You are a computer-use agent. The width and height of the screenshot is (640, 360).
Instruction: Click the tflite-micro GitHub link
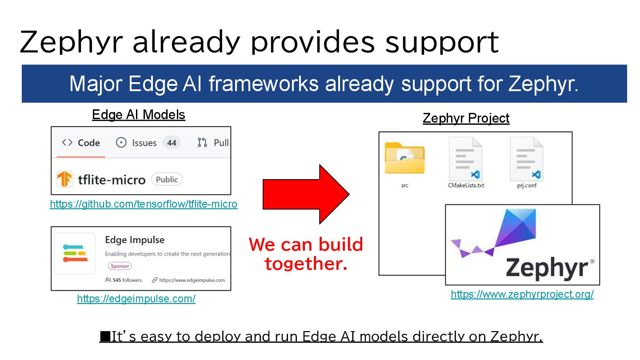click(x=144, y=204)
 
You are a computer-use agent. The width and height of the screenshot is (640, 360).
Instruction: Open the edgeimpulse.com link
click(x=136, y=299)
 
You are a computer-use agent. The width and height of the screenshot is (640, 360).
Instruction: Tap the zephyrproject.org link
click(x=522, y=294)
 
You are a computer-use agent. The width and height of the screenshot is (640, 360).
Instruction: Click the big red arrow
click(x=306, y=194)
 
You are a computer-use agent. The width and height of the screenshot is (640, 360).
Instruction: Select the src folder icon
click(x=404, y=158)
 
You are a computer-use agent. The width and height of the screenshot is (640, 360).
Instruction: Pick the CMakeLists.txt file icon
click(x=466, y=159)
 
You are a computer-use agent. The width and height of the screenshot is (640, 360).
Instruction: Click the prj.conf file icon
click(x=527, y=159)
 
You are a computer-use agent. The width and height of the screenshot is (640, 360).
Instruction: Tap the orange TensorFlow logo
click(x=64, y=179)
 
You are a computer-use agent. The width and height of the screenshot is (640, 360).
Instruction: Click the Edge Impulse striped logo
click(x=75, y=253)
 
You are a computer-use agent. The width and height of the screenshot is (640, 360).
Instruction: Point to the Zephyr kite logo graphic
click(x=494, y=233)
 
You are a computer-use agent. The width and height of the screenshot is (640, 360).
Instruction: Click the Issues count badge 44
click(x=172, y=143)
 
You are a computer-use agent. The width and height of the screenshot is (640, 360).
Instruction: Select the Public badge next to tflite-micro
click(x=167, y=180)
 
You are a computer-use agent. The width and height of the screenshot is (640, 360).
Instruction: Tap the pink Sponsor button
click(x=120, y=266)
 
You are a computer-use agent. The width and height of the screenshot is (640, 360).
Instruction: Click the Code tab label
click(x=88, y=143)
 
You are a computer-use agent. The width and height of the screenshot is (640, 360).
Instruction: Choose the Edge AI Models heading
click(x=139, y=115)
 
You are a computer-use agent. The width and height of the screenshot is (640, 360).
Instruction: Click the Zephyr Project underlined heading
click(x=466, y=118)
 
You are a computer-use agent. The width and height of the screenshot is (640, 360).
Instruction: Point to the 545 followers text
click(x=123, y=280)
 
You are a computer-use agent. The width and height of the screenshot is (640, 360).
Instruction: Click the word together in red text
click(x=306, y=263)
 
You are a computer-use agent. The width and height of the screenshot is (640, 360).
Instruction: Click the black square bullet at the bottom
click(x=105, y=336)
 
